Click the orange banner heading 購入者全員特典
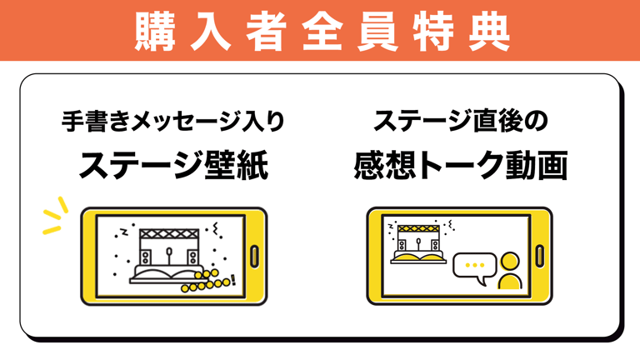point(320,29)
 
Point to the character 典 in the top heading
point(486,29)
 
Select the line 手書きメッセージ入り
point(173,122)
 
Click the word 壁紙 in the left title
point(237,165)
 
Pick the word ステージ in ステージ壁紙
point(142,165)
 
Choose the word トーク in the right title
point(459,165)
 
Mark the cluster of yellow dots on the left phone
point(205,282)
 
